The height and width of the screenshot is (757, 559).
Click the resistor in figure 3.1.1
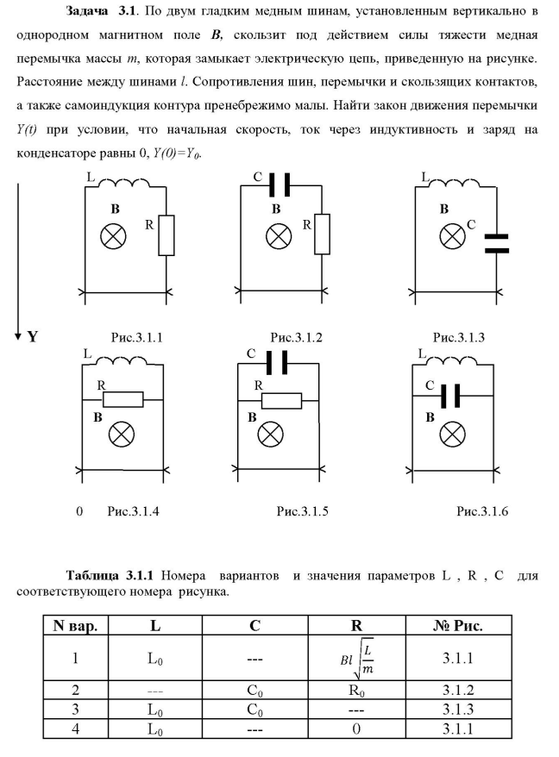tap(166, 235)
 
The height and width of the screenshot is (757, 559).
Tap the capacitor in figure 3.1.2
tap(279, 185)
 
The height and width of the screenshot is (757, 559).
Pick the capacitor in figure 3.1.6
tap(449, 396)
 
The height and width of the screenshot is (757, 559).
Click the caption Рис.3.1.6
tap(483, 511)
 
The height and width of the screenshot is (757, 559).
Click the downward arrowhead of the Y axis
tap(17, 334)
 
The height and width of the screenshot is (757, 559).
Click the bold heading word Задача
tap(91, 14)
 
